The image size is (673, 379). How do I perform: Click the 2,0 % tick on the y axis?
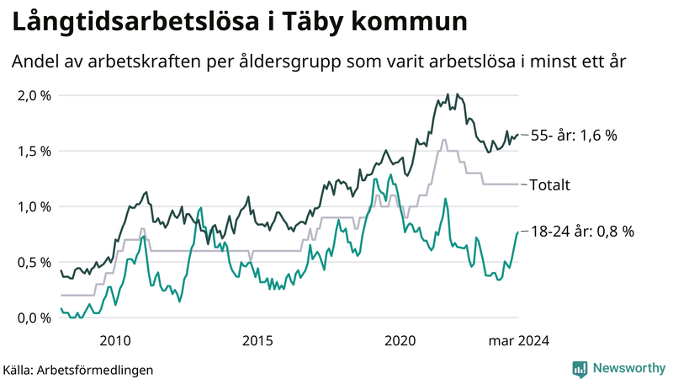coord(34,95)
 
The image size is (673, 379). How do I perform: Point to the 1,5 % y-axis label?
coord(34,151)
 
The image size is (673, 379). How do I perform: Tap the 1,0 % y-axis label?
coord(34,206)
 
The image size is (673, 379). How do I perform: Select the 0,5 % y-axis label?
coord(34,262)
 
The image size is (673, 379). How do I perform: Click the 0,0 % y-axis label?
coord(34,318)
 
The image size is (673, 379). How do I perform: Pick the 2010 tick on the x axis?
coord(115,340)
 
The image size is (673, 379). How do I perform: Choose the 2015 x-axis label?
coord(257,340)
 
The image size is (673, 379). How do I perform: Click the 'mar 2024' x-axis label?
coord(520,340)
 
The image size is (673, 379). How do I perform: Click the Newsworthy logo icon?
coord(580,368)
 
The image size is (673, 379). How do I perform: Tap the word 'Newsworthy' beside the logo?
coord(628,368)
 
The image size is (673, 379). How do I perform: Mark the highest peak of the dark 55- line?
coord(448,94)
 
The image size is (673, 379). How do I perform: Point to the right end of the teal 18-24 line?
coord(517,232)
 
